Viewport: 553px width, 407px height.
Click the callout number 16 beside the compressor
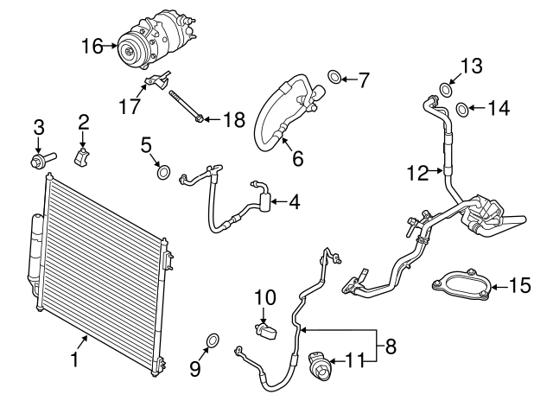[92, 47]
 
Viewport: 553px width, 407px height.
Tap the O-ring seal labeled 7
[335, 79]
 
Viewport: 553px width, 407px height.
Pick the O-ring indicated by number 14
[463, 109]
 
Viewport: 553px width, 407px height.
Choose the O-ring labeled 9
[213, 338]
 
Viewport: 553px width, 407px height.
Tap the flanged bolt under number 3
[39, 160]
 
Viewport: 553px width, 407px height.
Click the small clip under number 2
[84, 159]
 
